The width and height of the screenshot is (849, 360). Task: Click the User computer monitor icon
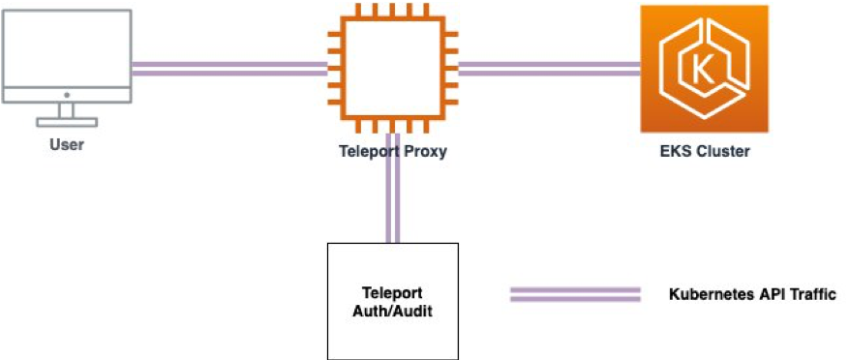(66, 58)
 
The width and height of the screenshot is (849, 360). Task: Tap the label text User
(66, 147)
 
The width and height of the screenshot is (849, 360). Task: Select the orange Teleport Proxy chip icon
(392, 68)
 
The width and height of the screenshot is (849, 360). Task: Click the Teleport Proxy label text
(392, 151)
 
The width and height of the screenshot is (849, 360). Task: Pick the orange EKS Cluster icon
(704, 69)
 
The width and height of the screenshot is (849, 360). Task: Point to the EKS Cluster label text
(704, 152)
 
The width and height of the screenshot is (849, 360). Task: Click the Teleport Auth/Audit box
(392, 299)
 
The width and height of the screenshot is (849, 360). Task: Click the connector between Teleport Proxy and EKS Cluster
(548, 69)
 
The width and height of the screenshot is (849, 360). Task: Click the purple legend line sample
(576, 294)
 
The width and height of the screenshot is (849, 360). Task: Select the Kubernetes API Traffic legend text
(751, 293)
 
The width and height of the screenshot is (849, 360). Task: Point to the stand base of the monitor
(66, 122)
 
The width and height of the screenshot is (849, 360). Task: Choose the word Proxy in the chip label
(426, 151)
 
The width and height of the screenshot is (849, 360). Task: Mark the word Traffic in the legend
(810, 293)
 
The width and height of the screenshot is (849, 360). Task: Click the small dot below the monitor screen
(66, 95)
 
